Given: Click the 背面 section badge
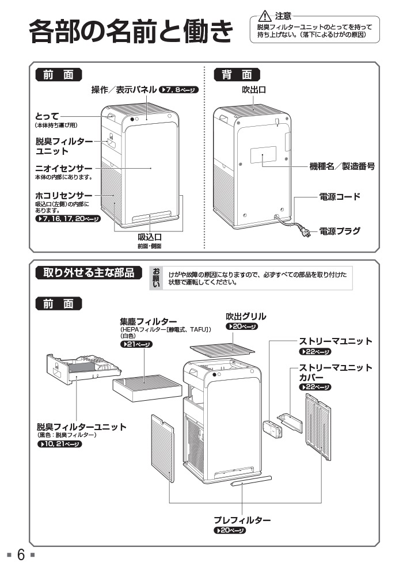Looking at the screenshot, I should click(237, 74).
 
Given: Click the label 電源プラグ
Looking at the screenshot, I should click(340, 231).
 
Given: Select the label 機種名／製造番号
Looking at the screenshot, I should click(342, 166).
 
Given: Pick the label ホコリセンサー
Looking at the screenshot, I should click(64, 196).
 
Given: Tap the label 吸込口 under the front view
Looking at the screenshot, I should click(149, 237).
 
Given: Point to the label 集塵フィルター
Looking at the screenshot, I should click(148, 321).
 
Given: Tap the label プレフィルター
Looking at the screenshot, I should click(242, 520).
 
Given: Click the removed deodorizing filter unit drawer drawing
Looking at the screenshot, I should click(81, 369).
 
